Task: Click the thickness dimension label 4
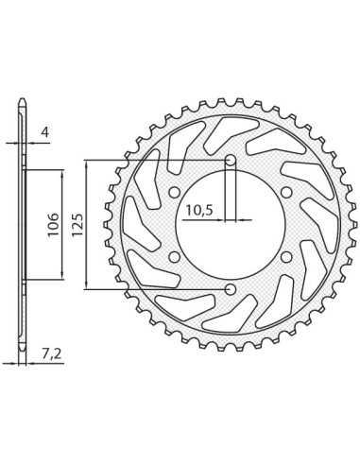pos(45,132)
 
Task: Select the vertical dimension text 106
pos(53,225)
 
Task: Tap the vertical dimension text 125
pos(77,225)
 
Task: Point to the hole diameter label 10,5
pos(199,210)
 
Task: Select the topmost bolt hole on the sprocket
pos(231,161)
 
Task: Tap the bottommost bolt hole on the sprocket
pos(231,289)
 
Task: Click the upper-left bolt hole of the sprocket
pos(174,192)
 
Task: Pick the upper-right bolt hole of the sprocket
pos(286,192)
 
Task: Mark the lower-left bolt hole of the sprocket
pos(174,257)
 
